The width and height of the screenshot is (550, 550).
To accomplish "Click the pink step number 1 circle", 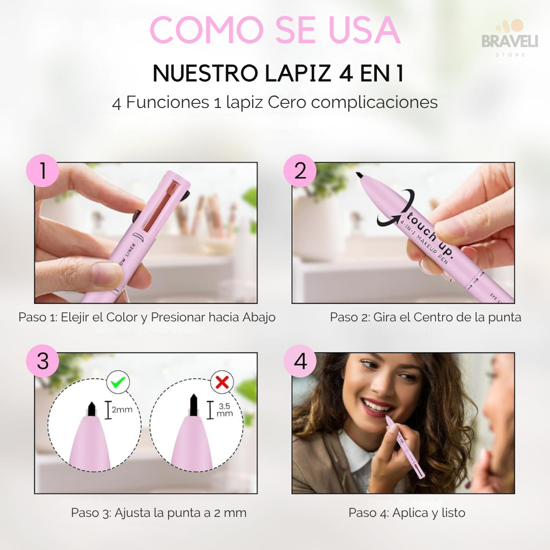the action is [x=42, y=171].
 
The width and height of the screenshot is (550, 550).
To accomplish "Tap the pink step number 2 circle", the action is [x=300, y=171].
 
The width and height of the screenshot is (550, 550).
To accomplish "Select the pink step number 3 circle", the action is [x=42, y=361].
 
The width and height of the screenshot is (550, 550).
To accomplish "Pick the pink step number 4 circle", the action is [x=300, y=361].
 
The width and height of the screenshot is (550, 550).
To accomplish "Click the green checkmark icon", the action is [x=118, y=382].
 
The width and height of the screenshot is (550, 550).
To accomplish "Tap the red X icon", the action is [x=222, y=382].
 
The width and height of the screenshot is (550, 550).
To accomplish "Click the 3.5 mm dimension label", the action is [x=225, y=409].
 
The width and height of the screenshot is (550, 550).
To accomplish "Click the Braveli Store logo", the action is [x=510, y=39].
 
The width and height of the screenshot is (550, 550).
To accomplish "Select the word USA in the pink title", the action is [x=365, y=30].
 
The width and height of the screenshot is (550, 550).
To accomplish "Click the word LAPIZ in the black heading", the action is [x=298, y=73].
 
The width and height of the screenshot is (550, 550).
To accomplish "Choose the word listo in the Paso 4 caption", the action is [x=453, y=513].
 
